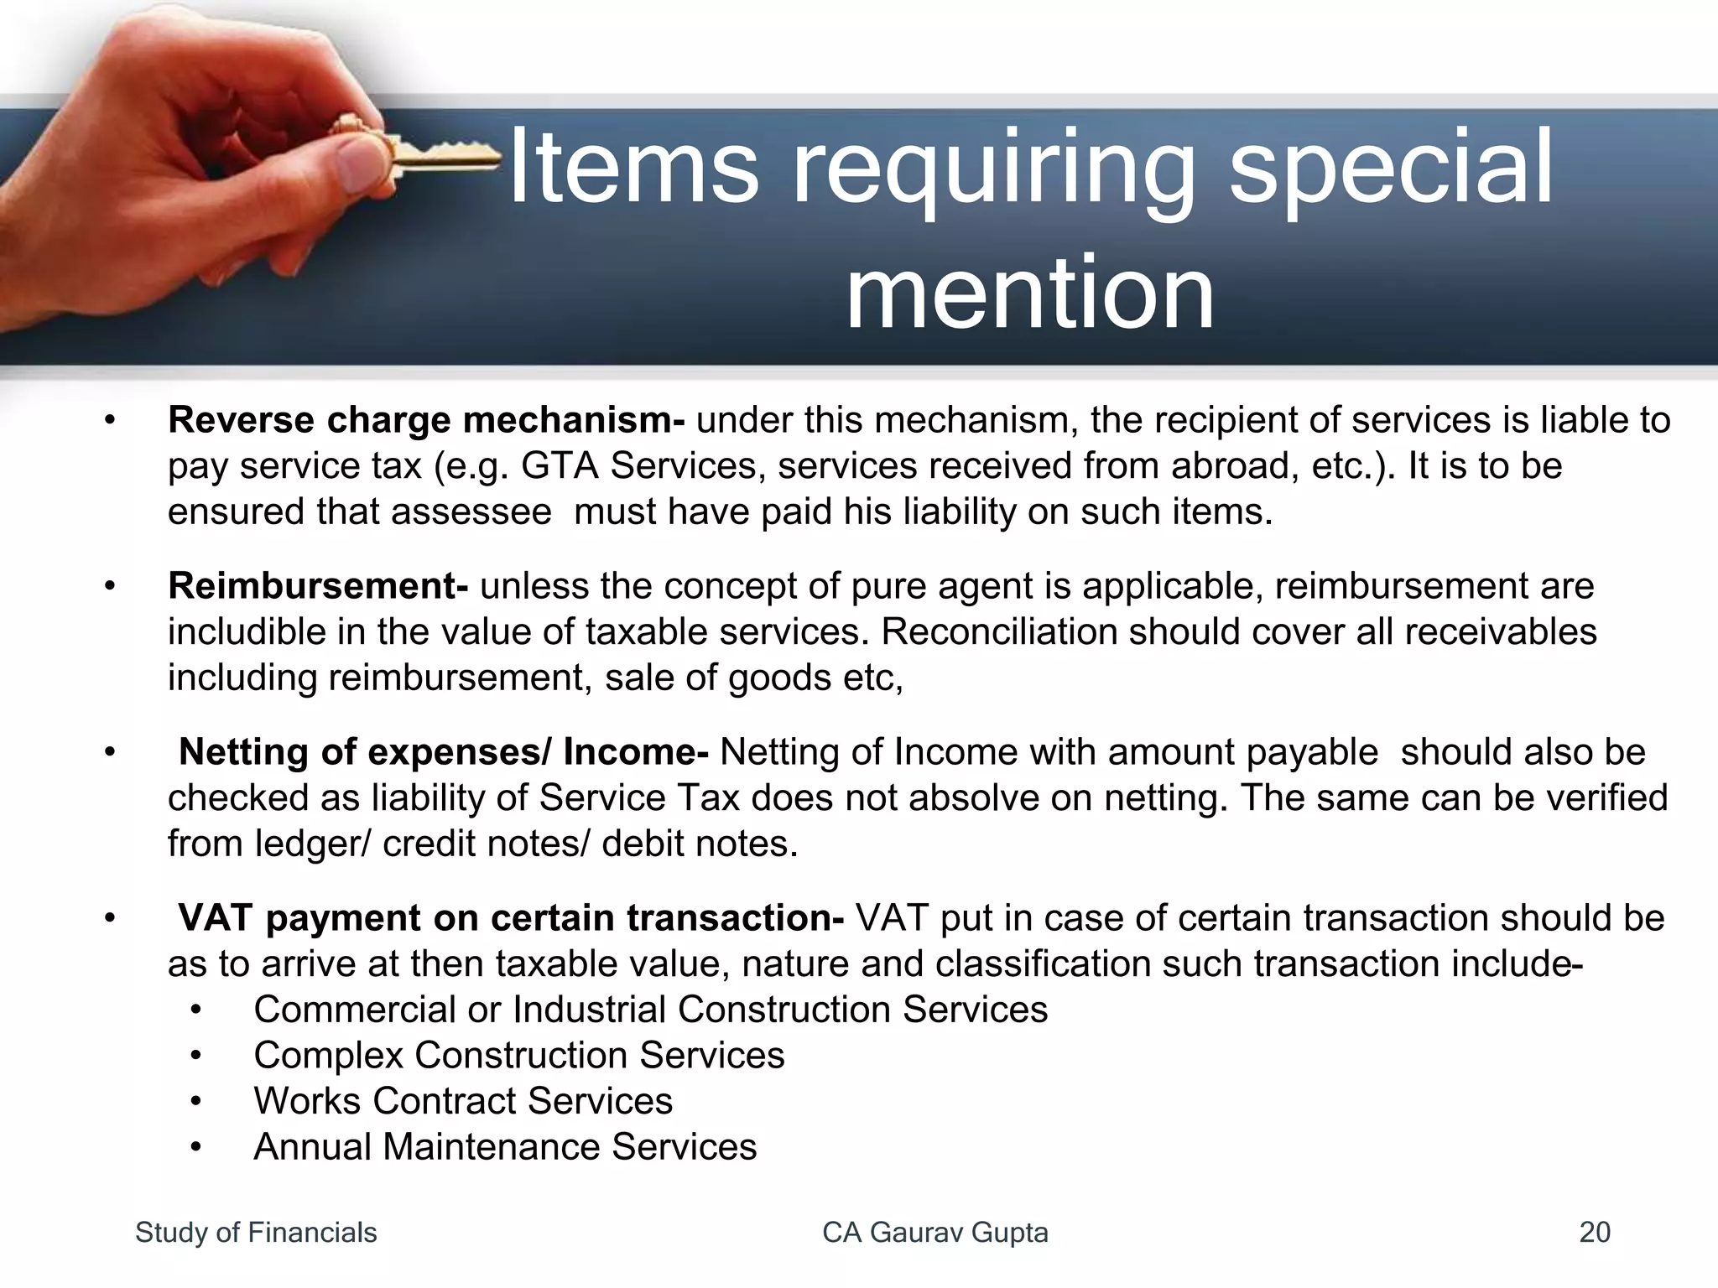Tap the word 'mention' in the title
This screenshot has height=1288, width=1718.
click(1029, 293)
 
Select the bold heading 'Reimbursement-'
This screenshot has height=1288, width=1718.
click(318, 586)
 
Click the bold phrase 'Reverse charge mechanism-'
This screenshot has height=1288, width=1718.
click(426, 420)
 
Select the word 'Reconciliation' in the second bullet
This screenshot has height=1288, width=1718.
click(998, 632)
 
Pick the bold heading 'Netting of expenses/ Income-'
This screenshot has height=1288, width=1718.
click(443, 752)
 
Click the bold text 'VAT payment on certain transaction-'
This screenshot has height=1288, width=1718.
click(510, 918)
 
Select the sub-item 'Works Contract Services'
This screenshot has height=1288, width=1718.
click(463, 1101)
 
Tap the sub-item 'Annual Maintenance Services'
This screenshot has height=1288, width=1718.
click(505, 1147)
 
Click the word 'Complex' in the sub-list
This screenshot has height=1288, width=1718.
click(328, 1056)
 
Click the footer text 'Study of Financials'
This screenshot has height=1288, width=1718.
click(256, 1233)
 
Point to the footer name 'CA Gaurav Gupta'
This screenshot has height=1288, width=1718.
click(934, 1233)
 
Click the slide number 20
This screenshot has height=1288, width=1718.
click(1594, 1233)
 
